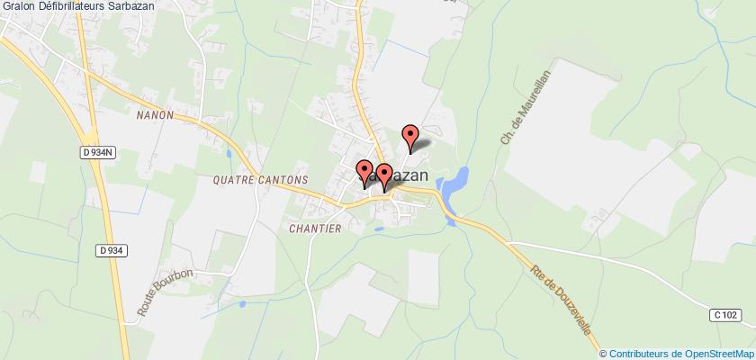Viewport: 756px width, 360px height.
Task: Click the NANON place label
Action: (x=155, y=116)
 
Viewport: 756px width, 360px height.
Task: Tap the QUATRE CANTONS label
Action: (x=262, y=179)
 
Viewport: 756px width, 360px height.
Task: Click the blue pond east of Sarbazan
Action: (x=455, y=181)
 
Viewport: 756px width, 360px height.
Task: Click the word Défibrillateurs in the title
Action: (x=74, y=8)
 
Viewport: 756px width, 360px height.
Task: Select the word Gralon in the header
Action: (x=18, y=8)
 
